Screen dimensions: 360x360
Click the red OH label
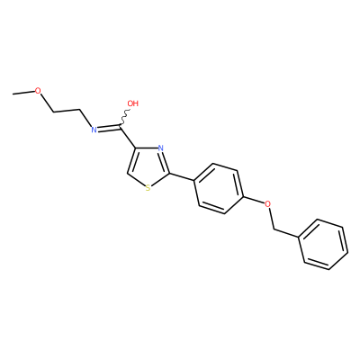pyautogui.click(x=132, y=103)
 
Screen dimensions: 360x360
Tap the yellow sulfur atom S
pyautogui.click(x=148, y=188)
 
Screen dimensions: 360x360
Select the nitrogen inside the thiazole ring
pyautogui.click(x=160, y=148)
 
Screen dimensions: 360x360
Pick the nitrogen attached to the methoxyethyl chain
pyautogui.click(x=94, y=130)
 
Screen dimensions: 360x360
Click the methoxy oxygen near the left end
pyautogui.click(x=38, y=91)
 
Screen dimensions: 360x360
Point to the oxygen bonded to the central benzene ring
pyautogui.click(x=267, y=204)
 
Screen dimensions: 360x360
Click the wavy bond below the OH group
pyautogui.click(x=125, y=118)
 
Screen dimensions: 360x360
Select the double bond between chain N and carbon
pyautogui.click(x=109, y=128)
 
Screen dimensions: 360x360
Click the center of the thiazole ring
pyautogui.click(x=148, y=166)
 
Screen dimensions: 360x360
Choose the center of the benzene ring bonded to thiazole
pyautogui.click(x=219, y=189)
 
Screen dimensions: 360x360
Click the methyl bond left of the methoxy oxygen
pyautogui.click(x=23, y=93)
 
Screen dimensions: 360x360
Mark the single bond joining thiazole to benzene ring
pyautogui.click(x=182, y=177)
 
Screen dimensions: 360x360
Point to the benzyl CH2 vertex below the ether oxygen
pyautogui.click(x=274, y=229)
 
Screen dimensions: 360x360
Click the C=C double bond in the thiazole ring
pyautogui.click(x=132, y=160)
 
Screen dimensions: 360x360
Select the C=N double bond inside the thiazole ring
pyautogui.click(x=166, y=162)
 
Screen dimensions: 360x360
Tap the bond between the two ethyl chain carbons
pyautogui.click(x=67, y=111)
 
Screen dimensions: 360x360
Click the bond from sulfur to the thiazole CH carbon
pyautogui.click(x=136, y=179)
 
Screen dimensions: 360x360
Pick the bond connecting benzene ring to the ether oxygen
pyautogui.click(x=254, y=201)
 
